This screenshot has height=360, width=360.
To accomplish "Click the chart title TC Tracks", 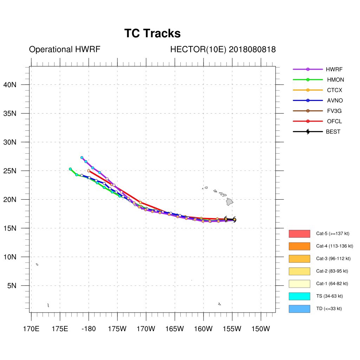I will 152,33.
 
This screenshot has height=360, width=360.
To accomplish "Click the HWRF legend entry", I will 334,69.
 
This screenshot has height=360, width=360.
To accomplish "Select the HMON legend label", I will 334,80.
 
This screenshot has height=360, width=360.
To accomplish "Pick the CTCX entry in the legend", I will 334,90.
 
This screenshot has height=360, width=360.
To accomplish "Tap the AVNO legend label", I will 334,101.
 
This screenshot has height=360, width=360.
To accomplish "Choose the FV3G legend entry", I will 334,111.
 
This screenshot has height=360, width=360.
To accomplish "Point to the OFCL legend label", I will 334,122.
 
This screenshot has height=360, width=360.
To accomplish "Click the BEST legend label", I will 333,132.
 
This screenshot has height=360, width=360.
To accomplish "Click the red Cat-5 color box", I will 299,234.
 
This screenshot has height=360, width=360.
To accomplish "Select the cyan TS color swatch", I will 299,296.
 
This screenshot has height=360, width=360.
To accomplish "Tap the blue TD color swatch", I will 299,309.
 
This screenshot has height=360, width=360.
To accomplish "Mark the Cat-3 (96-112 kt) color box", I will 299,259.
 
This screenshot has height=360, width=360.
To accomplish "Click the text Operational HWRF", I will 65,50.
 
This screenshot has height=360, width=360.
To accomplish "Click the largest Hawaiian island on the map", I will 229,201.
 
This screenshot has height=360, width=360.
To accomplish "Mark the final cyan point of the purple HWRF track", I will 82,157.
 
